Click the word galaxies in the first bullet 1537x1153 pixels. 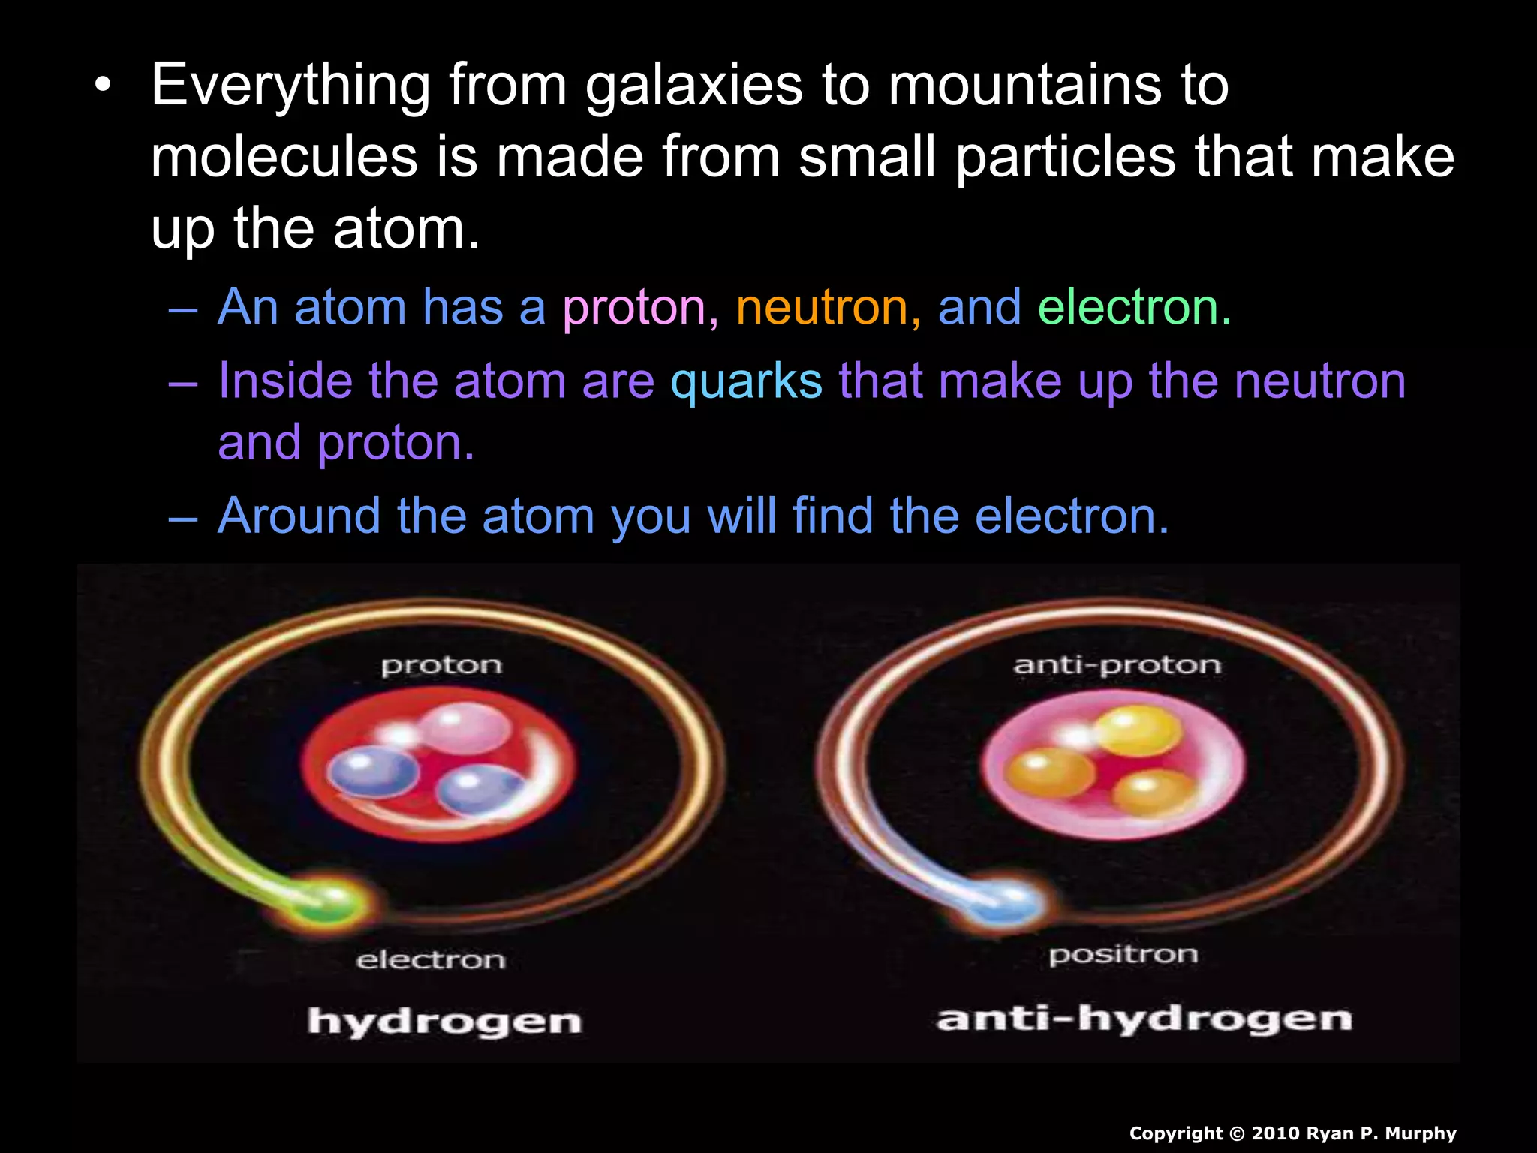pyautogui.click(x=694, y=86)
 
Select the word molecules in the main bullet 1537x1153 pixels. pyautogui.click(x=284, y=158)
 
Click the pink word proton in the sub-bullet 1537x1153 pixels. pyautogui.click(x=634, y=308)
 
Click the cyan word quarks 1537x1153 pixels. pyautogui.click(x=746, y=381)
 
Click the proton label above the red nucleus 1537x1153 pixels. pyautogui.click(x=441, y=666)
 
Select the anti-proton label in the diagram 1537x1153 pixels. pyautogui.click(x=1117, y=665)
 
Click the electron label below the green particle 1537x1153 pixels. pyautogui.click(x=431, y=960)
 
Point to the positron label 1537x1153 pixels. pyautogui.click(x=1123, y=955)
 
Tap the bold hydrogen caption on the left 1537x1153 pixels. pyautogui.click(x=444, y=1022)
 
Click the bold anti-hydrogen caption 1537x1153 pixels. pyautogui.click(x=1144, y=1019)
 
